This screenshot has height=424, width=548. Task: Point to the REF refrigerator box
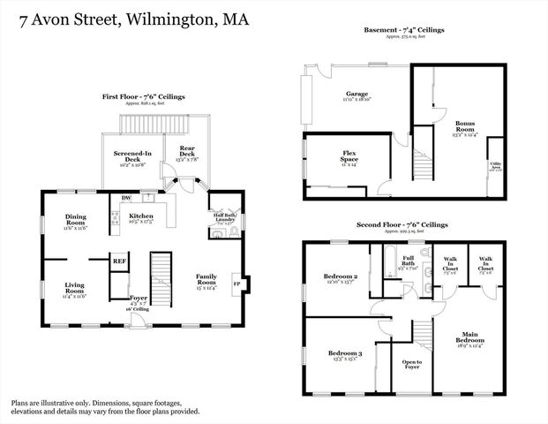coord(119,261)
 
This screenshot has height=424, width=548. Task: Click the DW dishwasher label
coord(126,197)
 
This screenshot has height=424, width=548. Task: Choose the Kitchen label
coord(141,216)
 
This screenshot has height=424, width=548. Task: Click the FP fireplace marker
coord(236,284)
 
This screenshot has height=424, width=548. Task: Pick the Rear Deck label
coord(187,152)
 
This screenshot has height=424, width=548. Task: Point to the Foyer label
coord(139,299)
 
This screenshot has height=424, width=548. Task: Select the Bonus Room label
coord(465,127)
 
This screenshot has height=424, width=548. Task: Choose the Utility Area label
coord(497,165)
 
